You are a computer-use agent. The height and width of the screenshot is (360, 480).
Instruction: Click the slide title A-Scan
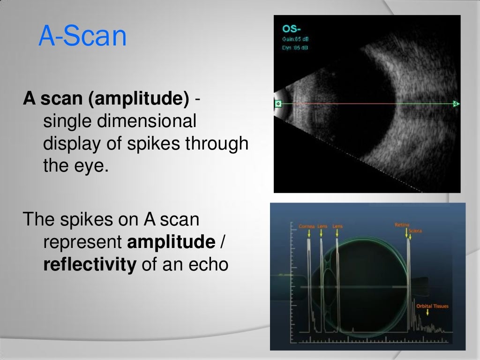pyautogui.click(x=82, y=37)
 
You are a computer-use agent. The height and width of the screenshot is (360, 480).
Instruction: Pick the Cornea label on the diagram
pyautogui.click(x=307, y=226)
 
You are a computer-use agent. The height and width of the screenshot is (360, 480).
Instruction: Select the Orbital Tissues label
pyautogui.click(x=432, y=307)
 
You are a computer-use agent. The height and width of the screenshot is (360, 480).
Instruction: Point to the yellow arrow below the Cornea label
pyautogui.click(x=308, y=233)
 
